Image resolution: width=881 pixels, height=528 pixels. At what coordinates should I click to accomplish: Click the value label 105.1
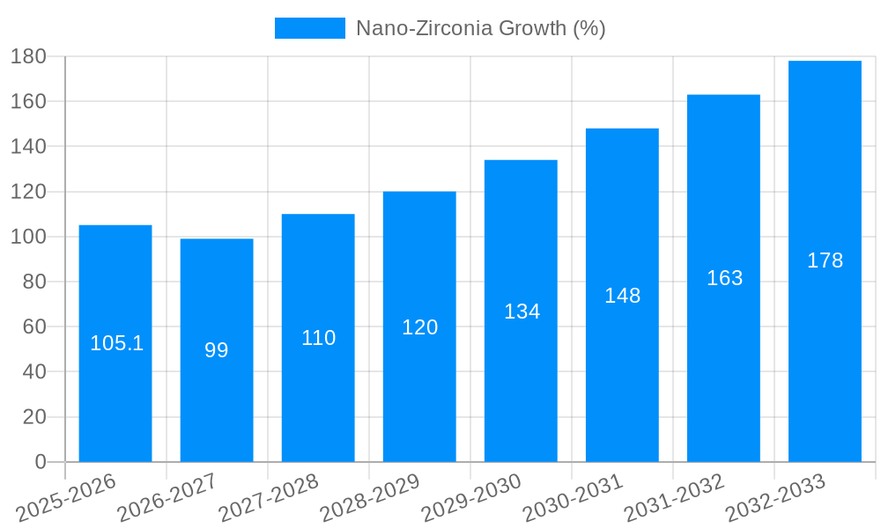[x=116, y=343]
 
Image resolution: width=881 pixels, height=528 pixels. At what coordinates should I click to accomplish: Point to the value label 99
[x=217, y=350]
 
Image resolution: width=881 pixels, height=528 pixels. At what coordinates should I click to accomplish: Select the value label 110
[x=318, y=338]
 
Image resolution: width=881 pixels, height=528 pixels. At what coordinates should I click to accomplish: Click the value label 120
[x=419, y=327]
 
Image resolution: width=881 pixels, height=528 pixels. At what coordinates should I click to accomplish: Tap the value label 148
[x=622, y=296]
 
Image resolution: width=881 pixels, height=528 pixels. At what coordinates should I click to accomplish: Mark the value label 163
[x=724, y=278]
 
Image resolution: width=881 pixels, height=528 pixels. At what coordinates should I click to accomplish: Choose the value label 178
[x=825, y=260]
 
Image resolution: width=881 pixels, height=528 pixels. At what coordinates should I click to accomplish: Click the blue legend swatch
[x=309, y=28]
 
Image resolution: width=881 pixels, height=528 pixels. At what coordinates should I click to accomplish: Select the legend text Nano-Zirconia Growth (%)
[x=480, y=28]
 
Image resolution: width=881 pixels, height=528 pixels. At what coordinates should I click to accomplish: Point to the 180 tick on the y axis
[x=28, y=57]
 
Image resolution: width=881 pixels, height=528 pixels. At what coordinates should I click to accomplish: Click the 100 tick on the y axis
[x=28, y=237]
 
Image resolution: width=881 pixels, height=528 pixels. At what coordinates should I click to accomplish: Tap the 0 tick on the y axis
[x=40, y=462]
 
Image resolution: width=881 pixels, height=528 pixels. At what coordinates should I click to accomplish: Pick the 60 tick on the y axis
[x=33, y=327]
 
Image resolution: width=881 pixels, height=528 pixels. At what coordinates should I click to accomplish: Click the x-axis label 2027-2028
[x=269, y=498]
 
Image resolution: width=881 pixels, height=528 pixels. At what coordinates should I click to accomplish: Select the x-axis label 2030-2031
[x=573, y=498]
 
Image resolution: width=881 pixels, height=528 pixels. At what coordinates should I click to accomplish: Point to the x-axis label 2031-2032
[x=674, y=498]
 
